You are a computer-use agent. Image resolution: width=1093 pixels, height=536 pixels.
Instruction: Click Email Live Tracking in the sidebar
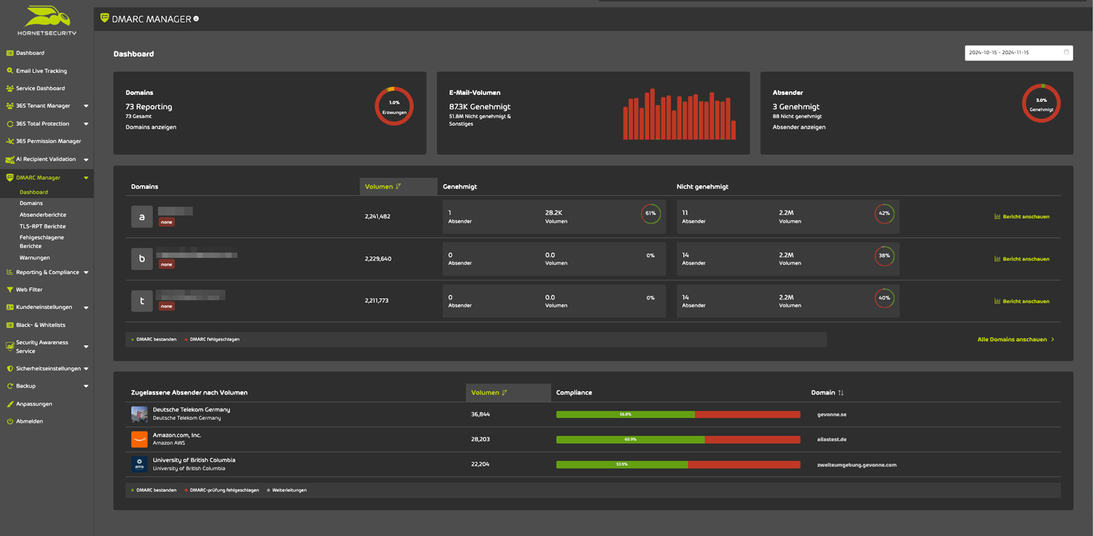41,70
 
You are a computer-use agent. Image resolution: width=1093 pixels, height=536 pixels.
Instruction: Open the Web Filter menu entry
29,289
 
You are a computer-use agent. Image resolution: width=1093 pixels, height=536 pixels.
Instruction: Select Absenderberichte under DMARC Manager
42,215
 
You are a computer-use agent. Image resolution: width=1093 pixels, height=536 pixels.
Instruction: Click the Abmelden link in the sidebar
29,421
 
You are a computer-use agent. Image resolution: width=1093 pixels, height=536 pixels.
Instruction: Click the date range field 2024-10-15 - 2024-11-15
1018,53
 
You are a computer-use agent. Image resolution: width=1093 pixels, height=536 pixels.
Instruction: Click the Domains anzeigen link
150,127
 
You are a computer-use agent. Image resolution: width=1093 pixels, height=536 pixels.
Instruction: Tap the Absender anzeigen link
799,127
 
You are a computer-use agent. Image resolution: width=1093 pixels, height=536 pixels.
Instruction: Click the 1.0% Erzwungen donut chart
394,106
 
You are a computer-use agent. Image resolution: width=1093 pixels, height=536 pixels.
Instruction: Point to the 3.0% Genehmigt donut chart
1041,104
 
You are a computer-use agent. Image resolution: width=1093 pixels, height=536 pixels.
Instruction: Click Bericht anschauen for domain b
1025,259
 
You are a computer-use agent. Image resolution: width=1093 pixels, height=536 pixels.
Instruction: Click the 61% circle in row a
650,213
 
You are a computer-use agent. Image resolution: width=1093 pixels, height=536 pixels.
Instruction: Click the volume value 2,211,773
376,301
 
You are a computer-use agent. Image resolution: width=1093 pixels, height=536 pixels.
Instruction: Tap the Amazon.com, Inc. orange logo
139,439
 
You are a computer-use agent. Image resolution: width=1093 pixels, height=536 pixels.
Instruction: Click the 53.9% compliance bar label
622,464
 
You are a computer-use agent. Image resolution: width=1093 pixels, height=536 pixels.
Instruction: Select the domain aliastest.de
831,440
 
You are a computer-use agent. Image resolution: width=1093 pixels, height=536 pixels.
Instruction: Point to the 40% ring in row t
884,298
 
